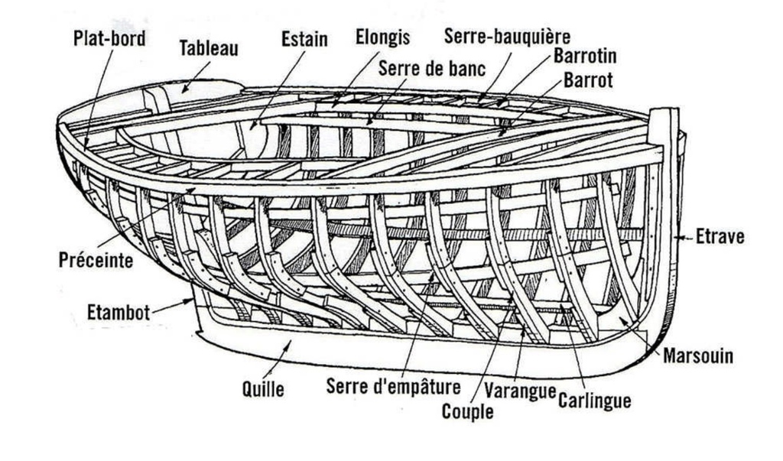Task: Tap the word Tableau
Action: [209, 48]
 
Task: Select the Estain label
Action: [304, 38]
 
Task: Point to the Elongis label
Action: [383, 37]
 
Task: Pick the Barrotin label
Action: [585, 57]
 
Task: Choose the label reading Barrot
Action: [588, 80]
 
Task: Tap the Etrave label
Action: [720, 237]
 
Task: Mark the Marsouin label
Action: [698, 355]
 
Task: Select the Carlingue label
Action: [595, 399]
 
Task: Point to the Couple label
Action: [467, 412]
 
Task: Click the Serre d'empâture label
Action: [393, 385]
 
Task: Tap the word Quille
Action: [264, 389]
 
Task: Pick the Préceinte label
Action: [96, 260]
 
